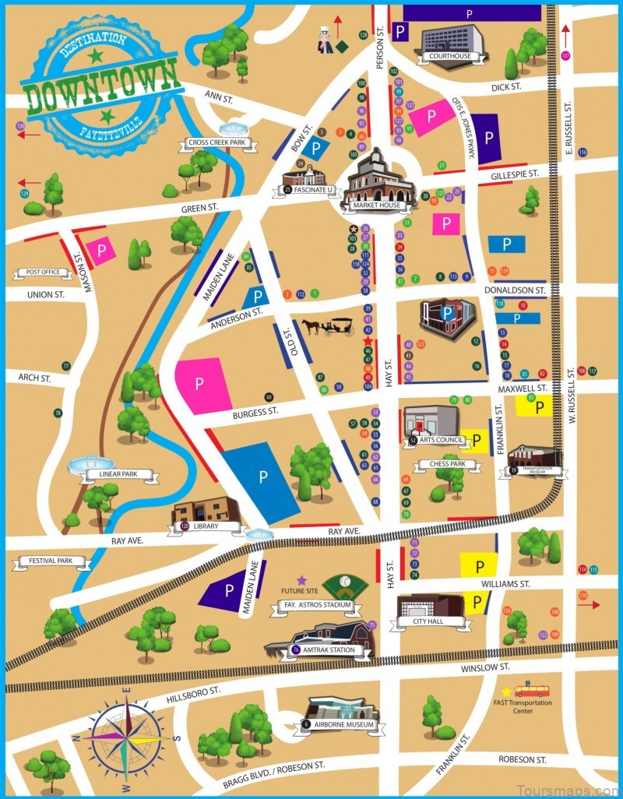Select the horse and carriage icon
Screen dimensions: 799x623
(328, 326)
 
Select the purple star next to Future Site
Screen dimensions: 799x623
(301, 580)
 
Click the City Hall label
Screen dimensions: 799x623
(431, 622)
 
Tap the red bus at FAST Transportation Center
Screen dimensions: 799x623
(531, 691)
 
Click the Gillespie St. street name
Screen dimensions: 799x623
(515, 177)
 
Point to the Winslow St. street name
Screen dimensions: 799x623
(484, 667)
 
